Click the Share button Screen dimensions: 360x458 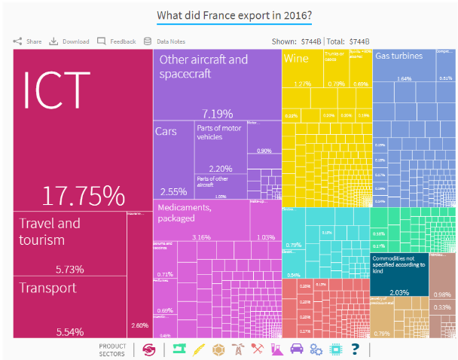(28, 41)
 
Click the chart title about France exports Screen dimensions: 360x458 (229, 17)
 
